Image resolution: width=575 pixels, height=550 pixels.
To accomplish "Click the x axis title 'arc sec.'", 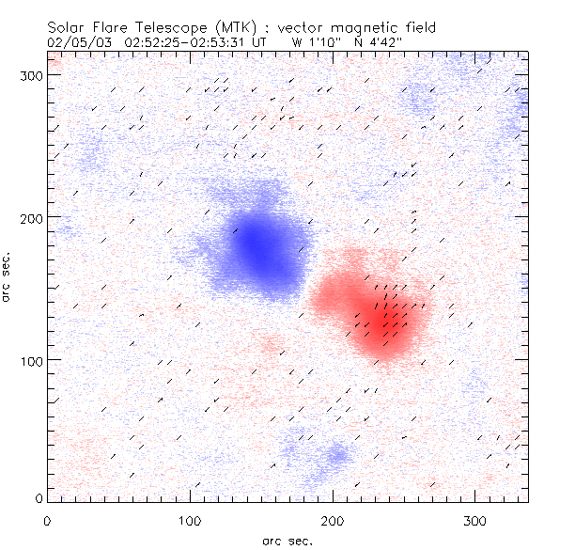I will pos(287,541).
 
